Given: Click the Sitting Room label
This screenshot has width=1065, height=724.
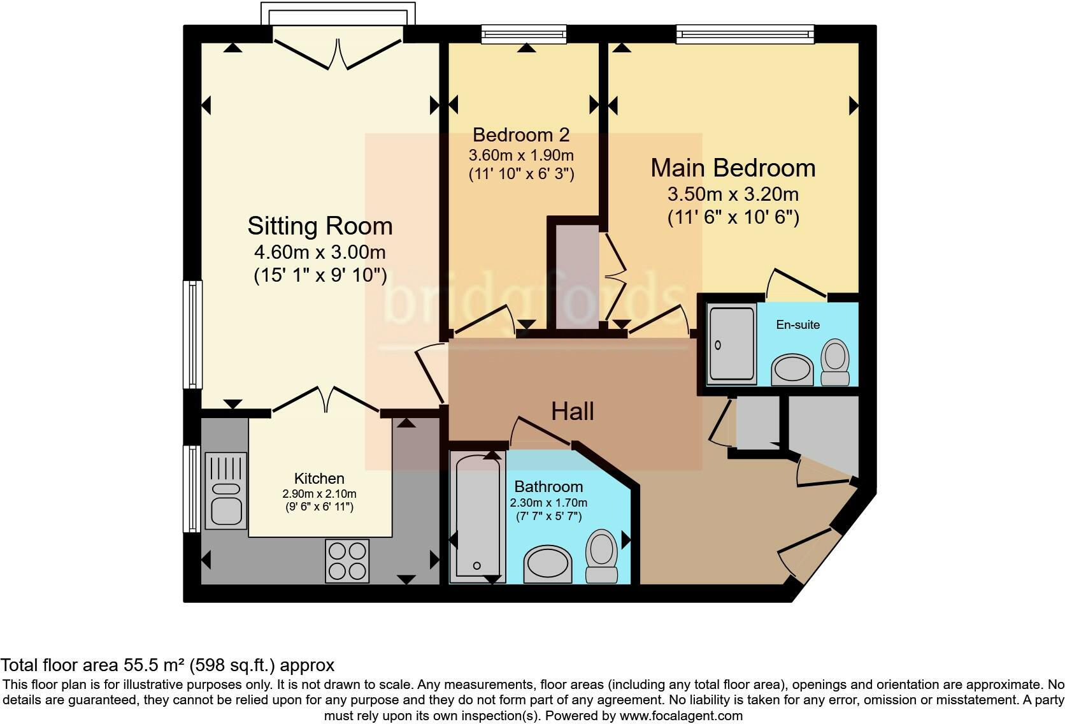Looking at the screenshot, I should point(320,226).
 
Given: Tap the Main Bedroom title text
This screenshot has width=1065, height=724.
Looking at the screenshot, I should point(733,168).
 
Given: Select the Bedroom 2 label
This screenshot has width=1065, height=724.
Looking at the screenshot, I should point(521,135).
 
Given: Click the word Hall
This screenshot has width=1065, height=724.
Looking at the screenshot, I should point(573,412).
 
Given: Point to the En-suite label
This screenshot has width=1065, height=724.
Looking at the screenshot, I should point(797,324).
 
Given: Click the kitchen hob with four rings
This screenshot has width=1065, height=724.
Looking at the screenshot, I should point(347,561).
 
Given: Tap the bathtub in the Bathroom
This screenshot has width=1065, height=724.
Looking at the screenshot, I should point(477,516).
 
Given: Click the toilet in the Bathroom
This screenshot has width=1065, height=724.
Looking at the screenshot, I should point(601,554).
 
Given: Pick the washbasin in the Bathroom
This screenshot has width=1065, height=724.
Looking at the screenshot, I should point(547,564).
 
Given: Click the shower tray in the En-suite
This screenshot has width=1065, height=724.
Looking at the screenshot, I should point(732,344).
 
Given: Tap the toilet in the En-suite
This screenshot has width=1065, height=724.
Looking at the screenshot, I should point(835,362).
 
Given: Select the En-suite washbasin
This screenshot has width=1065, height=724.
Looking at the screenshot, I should point(792,369).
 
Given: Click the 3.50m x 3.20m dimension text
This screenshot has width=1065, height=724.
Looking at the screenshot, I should point(733,194).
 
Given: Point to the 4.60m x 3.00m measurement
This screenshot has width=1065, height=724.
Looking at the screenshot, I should point(320,252).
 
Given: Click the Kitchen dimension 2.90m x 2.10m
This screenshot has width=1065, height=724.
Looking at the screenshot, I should point(319,494).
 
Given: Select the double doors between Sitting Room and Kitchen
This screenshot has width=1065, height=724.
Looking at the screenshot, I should point(325,400).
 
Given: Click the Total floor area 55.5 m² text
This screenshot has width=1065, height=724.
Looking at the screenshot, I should point(168,665).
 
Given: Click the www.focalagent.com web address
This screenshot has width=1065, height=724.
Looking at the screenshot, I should point(680,716).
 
